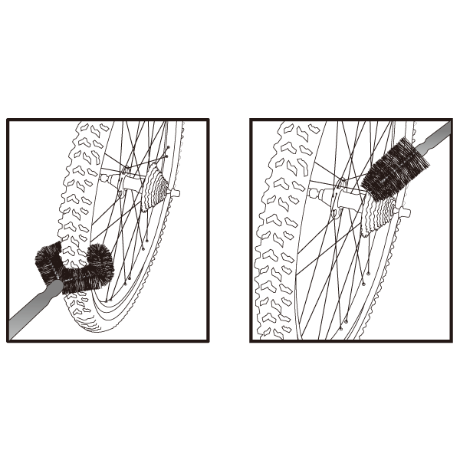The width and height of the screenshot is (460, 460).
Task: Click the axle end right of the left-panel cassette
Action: point(175,194)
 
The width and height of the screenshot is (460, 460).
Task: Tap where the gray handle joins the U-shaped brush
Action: point(55,289)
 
